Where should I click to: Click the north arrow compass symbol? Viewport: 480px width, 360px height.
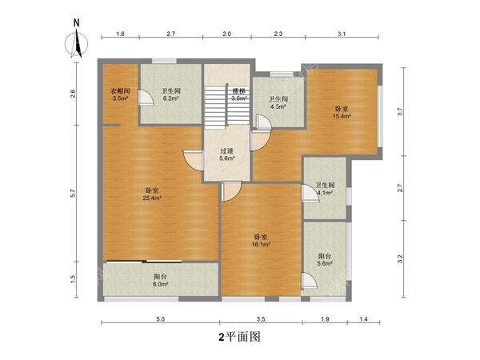[x=77, y=40]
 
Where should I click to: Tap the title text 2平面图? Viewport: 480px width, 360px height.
[x=239, y=337]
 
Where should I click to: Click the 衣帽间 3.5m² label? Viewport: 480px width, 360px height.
[x=120, y=95]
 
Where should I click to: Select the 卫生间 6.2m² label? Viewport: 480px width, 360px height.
[x=170, y=95]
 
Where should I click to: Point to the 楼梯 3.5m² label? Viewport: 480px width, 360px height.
[x=239, y=95]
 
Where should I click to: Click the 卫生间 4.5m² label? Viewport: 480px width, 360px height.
[x=278, y=103]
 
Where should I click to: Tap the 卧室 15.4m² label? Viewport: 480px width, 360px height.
[x=342, y=112]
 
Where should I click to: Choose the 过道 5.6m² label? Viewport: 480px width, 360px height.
[x=227, y=154]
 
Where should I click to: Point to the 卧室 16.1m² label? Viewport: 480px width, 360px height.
[x=261, y=241]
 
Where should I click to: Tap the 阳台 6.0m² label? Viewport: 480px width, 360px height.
[x=161, y=279]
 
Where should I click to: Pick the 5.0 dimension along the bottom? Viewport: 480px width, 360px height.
[x=160, y=319]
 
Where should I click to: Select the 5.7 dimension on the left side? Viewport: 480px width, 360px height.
[x=73, y=193]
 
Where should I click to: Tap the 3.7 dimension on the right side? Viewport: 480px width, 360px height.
[x=401, y=113]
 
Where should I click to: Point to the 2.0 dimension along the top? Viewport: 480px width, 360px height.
[x=226, y=34]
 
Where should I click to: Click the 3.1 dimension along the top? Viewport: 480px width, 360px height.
[x=341, y=34]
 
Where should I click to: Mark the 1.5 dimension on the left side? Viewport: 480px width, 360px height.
[x=73, y=278]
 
